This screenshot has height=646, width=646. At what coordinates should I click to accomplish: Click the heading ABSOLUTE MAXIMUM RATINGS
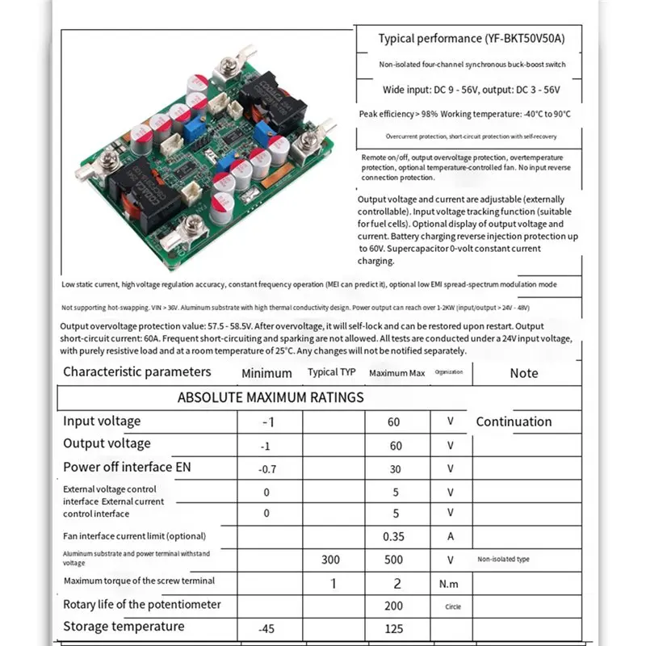[x=271, y=397]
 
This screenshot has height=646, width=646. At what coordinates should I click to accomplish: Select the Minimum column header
[x=266, y=373]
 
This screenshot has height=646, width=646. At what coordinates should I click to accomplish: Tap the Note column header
[x=524, y=373]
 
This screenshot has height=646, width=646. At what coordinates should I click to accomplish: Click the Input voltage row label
[x=102, y=421]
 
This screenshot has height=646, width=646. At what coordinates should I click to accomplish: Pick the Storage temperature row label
[x=124, y=627]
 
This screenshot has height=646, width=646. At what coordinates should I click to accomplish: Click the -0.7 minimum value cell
[x=267, y=469]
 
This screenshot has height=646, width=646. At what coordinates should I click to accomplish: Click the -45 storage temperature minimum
[x=267, y=628]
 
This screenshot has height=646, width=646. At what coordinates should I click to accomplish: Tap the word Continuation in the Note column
[x=514, y=422]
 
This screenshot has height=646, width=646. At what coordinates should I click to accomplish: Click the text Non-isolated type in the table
[x=503, y=559]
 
